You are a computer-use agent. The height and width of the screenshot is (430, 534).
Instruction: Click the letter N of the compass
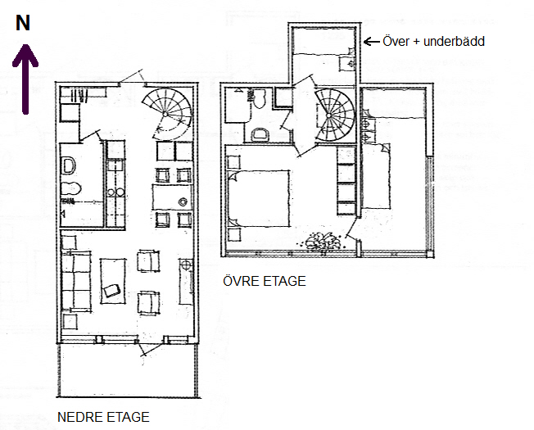(x=23, y=23)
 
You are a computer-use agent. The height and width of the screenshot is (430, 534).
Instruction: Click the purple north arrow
(x=25, y=79)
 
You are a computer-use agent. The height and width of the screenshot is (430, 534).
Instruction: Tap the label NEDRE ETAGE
(x=103, y=417)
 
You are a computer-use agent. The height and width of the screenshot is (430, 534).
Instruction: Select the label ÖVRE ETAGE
(x=265, y=281)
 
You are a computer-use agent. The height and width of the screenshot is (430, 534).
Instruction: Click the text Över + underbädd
(x=433, y=41)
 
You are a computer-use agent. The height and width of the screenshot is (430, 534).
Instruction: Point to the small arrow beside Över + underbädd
(x=372, y=42)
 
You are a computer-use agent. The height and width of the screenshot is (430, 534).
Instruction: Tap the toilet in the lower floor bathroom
(x=70, y=188)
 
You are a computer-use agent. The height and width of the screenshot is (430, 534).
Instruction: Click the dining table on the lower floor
(x=172, y=197)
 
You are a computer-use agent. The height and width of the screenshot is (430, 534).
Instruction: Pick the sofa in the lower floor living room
(x=76, y=281)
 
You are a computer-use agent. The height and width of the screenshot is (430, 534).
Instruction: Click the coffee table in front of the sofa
(x=113, y=281)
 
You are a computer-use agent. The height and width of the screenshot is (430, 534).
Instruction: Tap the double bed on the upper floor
(x=259, y=198)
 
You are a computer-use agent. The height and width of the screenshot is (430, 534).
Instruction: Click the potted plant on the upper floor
(x=322, y=242)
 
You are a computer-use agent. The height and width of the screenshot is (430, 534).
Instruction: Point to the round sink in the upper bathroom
(x=260, y=134)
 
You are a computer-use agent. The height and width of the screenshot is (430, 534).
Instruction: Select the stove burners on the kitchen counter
(x=115, y=192)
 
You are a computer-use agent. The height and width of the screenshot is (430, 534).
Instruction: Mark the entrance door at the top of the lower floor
(x=132, y=77)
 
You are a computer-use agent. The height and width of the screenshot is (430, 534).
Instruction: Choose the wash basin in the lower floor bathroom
(x=69, y=166)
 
